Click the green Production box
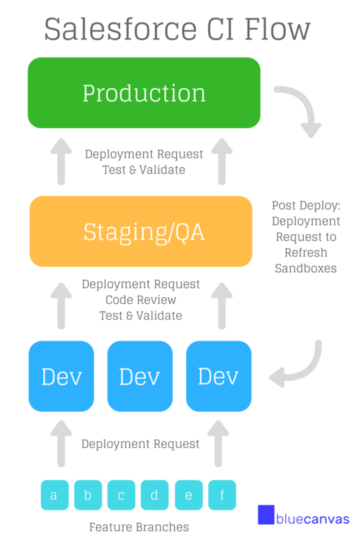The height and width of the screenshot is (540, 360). [144, 93]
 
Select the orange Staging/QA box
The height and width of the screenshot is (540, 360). [141, 231]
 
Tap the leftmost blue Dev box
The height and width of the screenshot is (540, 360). [61, 376]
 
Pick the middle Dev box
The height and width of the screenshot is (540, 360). [140, 376]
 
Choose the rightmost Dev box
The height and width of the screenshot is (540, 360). [219, 376]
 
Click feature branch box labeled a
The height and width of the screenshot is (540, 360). [55, 495]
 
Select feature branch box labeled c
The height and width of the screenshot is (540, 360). [121, 495]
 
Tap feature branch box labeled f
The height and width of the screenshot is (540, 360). [222, 495]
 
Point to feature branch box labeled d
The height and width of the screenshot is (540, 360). [155, 495]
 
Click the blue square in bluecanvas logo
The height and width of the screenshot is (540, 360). [266, 515]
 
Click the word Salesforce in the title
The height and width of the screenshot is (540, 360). [120, 30]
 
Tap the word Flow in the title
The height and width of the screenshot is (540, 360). [278, 30]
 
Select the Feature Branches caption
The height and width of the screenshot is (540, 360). [139, 527]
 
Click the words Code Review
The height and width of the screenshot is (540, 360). [141, 300]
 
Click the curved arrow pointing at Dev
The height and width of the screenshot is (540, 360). [303, 370]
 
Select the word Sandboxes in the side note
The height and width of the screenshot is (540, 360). [306, 269]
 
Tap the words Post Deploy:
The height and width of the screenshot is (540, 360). [306, 206]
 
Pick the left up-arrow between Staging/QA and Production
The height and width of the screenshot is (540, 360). [61, 161]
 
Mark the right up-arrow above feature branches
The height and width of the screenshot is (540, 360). [218, 444]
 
